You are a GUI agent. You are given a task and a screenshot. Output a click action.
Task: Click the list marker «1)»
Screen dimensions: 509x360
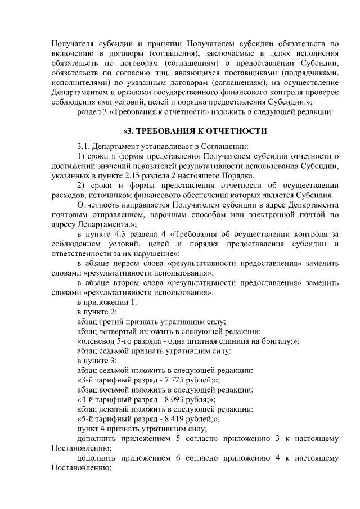[x=81, y=156]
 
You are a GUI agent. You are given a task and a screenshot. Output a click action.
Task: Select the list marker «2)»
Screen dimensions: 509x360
[x=81, y=185]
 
